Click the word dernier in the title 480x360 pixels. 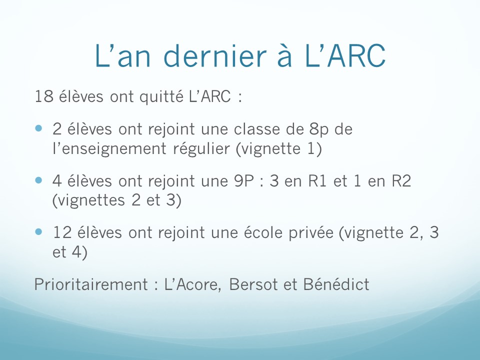[x=215, y=56]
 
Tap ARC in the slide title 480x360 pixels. [x=356, y=55]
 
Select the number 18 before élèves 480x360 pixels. [x=44, y=96]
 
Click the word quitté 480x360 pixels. [x=161, y=96]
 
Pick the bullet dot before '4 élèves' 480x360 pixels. [x=38, y=180]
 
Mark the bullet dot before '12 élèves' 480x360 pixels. [x=38, y=231]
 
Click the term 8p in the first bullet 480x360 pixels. [x=318, y=129]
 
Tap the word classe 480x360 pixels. [x=257, y=129]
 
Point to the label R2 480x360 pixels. [x=401, y=180]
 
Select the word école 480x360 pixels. [x=263, y=232]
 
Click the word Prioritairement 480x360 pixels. [x=91, y=284]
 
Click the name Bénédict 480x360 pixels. [x=336, y=284]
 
